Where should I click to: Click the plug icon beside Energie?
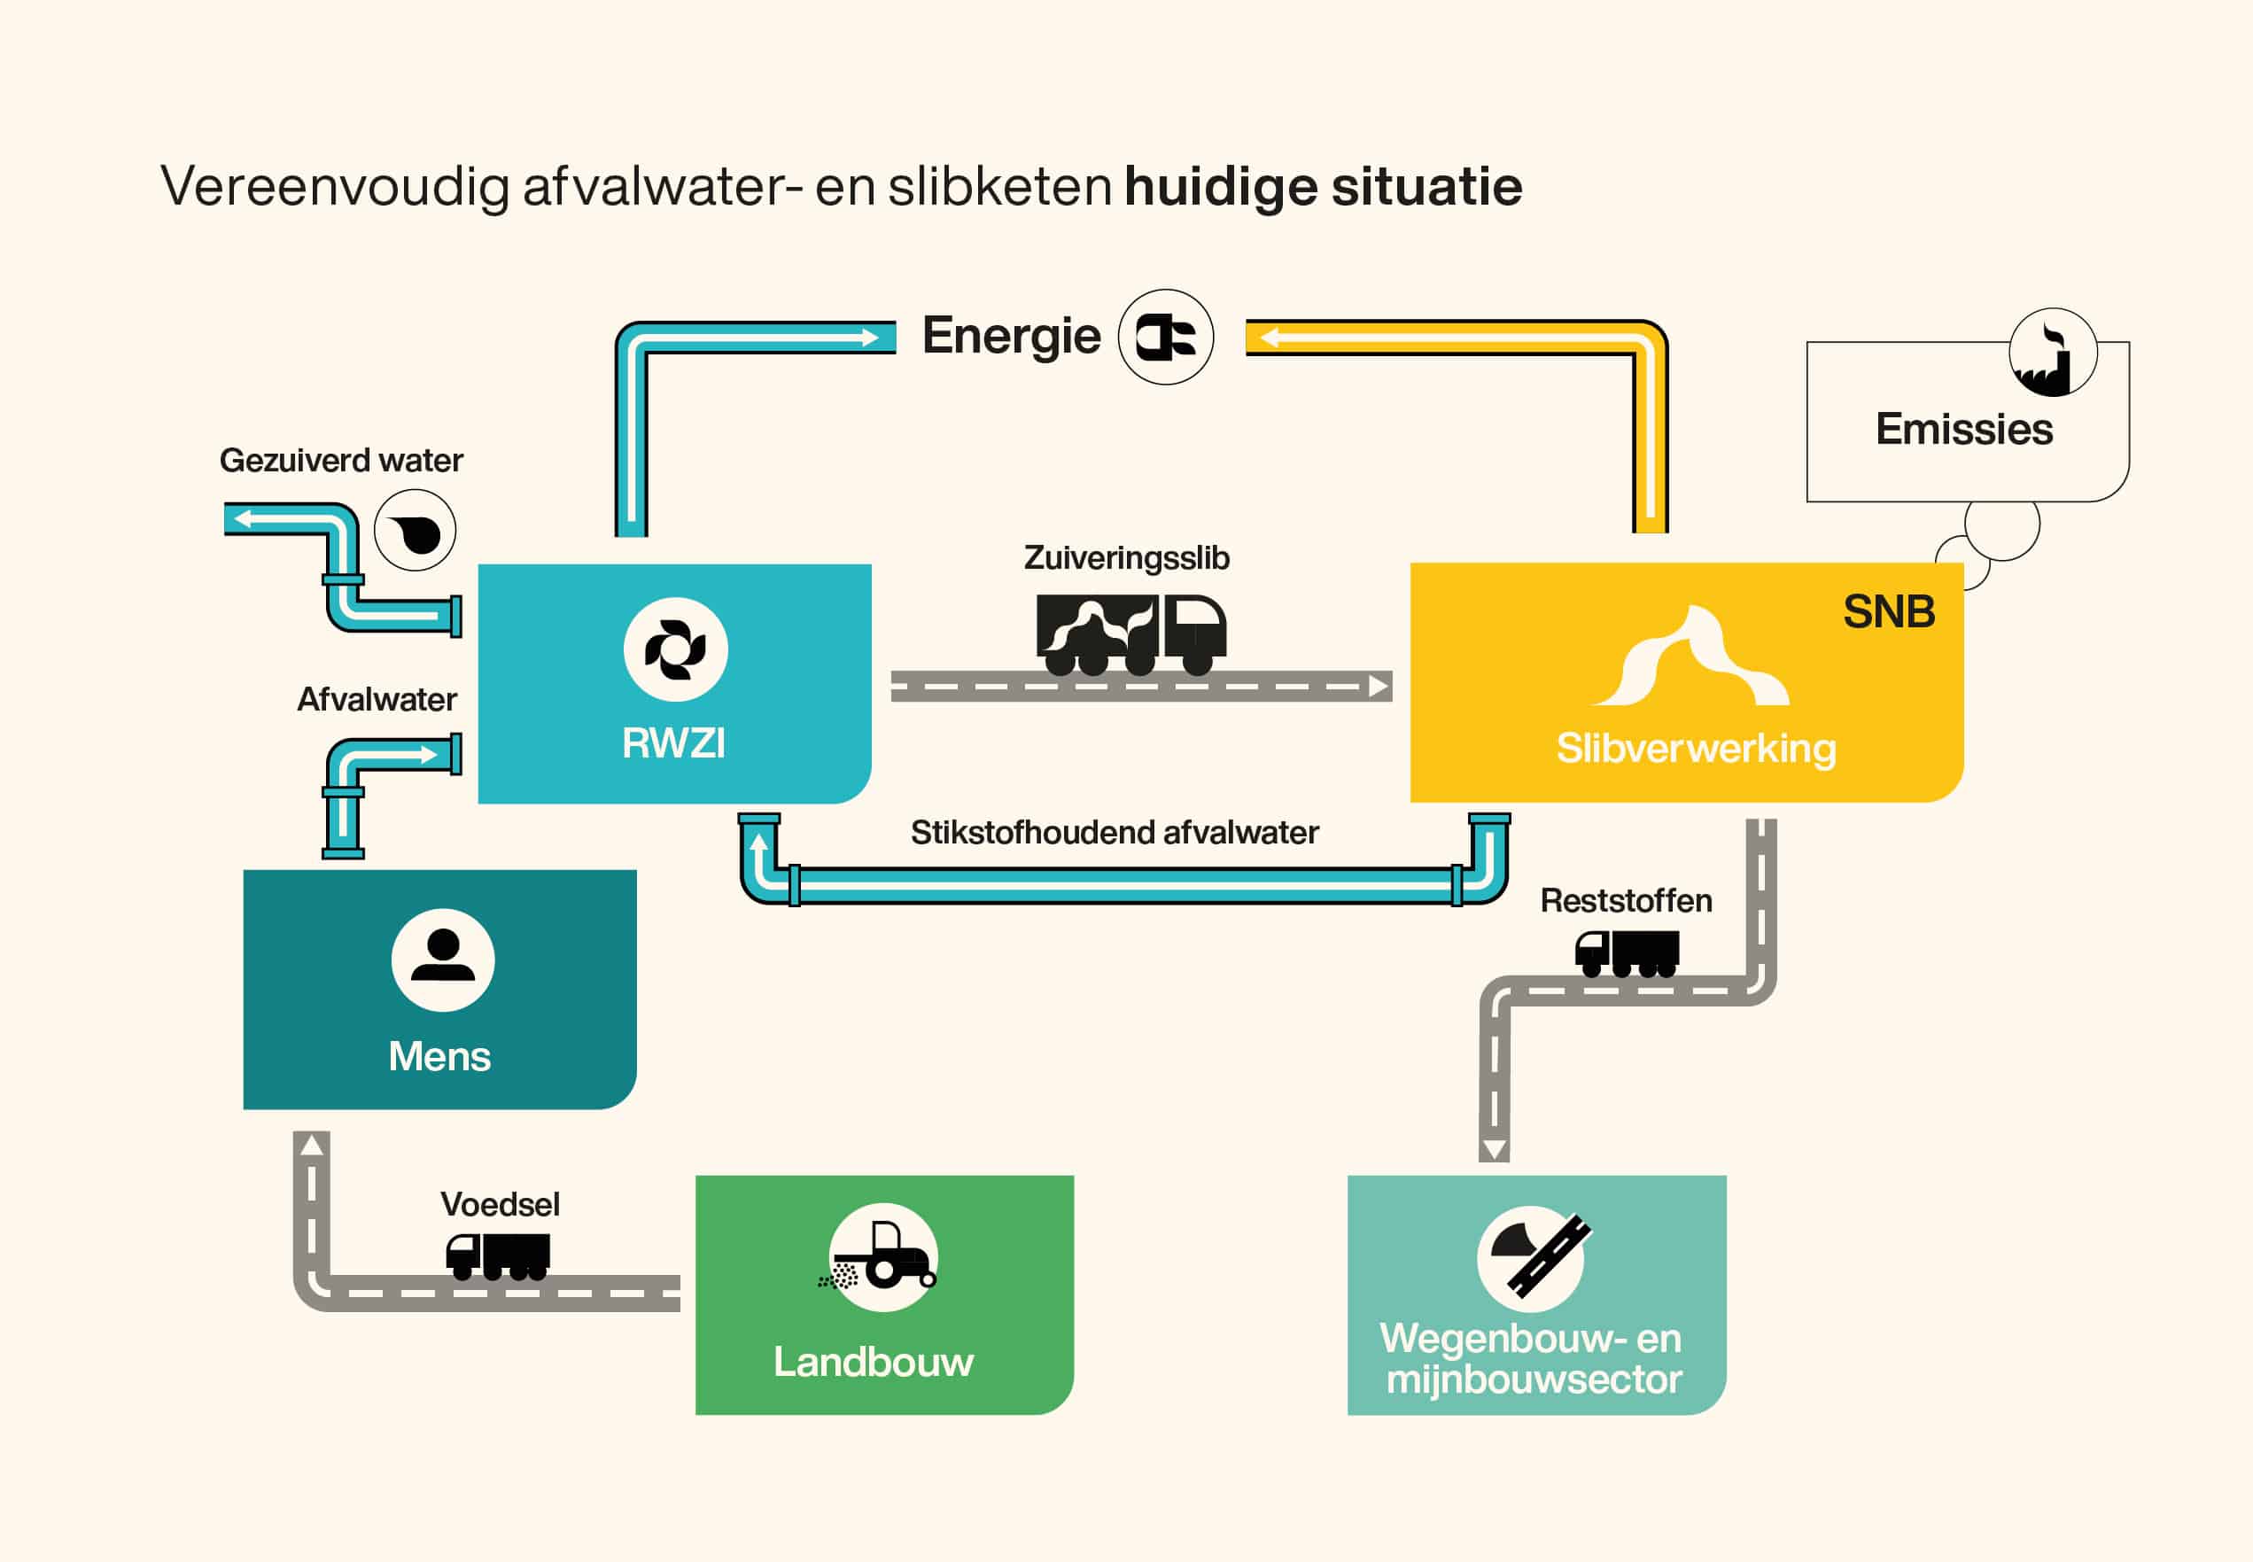pyautogui.click(x=1166, y=337)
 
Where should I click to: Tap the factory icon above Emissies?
pyautogui.click(x=2053, y=353)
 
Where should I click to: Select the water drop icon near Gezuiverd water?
pyautogui.click(x=415, y=531)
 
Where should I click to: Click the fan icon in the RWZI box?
pyautogui.click(x=675, y=649)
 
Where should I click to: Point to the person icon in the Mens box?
pyautogui.click(x=442, y=960)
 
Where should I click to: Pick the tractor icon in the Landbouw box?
pyautogui.click(x=881, y=1256)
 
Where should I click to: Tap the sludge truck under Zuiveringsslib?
pyautogui.click(x=1130, y=634)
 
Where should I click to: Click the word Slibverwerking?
pyautogui.click(x=1696, y=749)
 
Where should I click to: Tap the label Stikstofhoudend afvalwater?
pyautogui.click(x=1115, y=833)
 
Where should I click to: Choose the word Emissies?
pyautogui.click(x=1964, y=430)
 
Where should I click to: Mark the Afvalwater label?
pyautogui.click(x=377, y=700)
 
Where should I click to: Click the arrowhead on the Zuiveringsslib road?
pyautogui.click(x=1379, y=686)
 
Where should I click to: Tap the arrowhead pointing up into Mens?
pyautogui.click(x=312, y=1144)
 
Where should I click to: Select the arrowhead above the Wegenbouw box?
pyautogui.click(x=1494, y=1149)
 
